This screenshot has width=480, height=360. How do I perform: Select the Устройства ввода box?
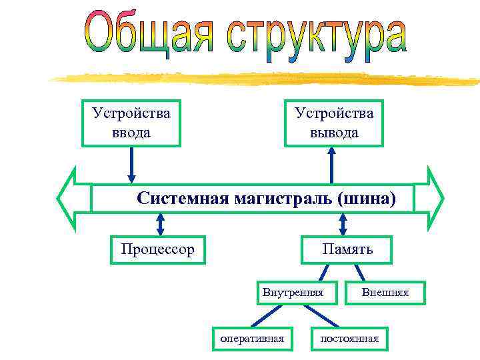(x=131, y=123)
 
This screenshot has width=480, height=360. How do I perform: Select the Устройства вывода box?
(x=333, y=123)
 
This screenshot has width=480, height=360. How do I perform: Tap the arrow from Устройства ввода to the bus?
(x=131, y=164)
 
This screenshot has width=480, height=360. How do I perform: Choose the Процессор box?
(x=158, y=249)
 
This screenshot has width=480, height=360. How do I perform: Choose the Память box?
(x=347, y=249)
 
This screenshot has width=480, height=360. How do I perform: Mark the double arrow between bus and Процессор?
(x=159, y=223)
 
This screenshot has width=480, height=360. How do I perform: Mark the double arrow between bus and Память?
(x=343, y=223)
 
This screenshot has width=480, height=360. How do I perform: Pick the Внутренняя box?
(x=293, y=292)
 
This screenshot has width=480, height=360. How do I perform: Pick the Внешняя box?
(x=385, y=292)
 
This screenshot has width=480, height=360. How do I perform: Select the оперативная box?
(x=252, y=339)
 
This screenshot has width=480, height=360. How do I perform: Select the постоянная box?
(x=349, y=339)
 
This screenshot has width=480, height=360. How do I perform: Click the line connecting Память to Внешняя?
(x=359, y=273)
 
